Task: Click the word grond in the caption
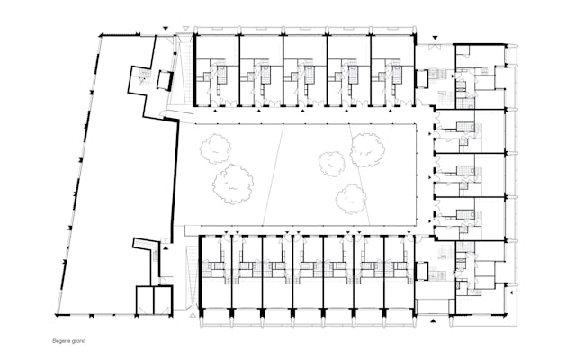[78, 341]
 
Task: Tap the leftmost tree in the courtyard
[216, 148]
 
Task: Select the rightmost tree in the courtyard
[367, 150]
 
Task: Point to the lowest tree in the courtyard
[350, 199]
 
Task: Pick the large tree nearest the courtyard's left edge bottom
[233, 184]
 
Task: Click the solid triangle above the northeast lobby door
[436, 38]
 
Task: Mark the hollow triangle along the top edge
[187, 28]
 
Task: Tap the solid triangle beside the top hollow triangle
[166, 28]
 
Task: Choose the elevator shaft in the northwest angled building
[165, 80]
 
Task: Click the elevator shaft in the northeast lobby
[422, 78]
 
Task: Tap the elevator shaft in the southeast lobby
[422, 271]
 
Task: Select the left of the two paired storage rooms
[144, 300]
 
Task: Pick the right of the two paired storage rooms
[163, 300]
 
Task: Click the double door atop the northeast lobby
[436, 46]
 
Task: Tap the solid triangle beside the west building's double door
[166, 248]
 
